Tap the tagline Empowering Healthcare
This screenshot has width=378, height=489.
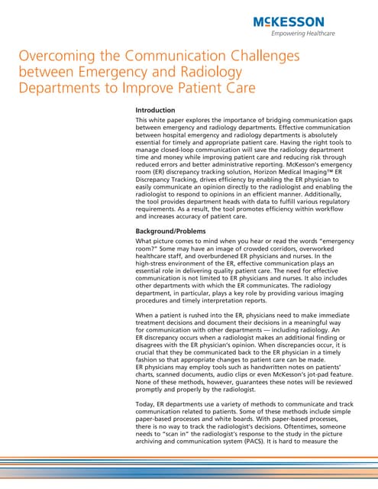pyautogui.click(x=314, y=34)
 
